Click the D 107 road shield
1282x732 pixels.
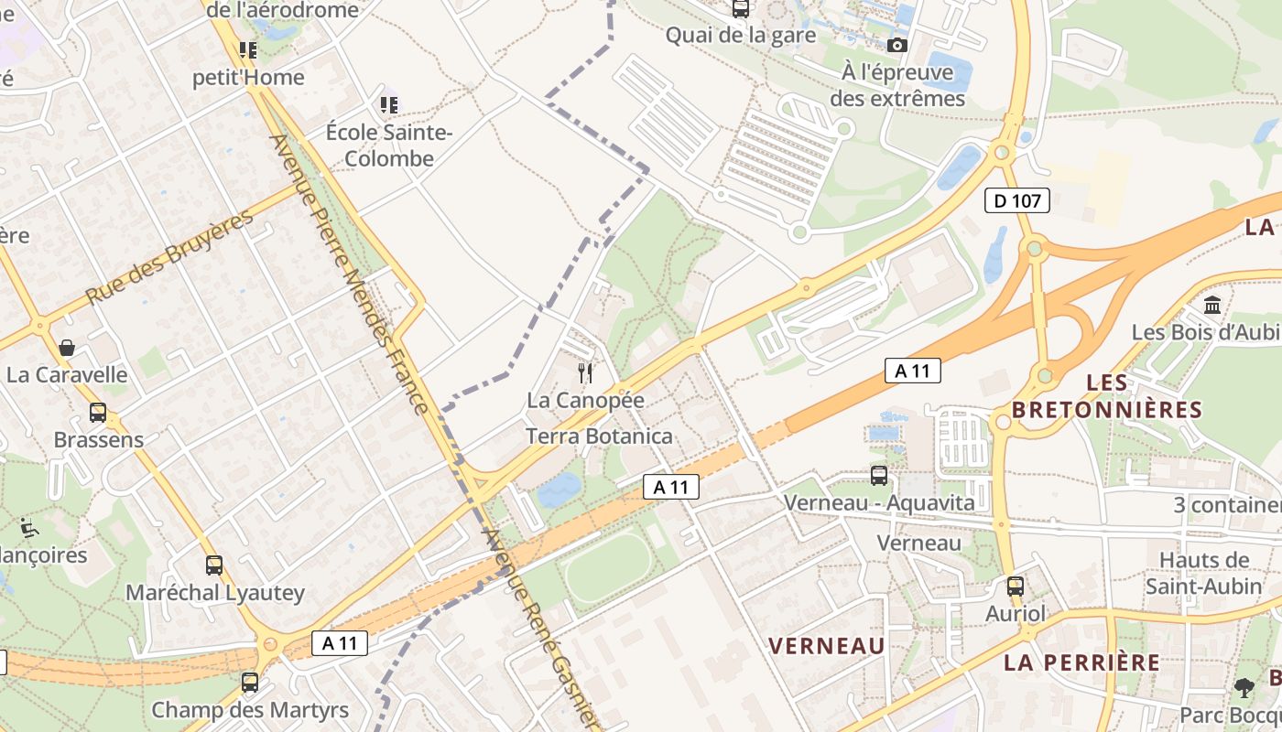(1017, 200)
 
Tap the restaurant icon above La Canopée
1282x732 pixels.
(586, 372)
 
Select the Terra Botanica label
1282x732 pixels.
(599, 436)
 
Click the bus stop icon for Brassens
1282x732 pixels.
(98, 413)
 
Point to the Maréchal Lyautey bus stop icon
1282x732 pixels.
(214, 565)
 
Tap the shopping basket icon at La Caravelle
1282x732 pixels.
(67, 348)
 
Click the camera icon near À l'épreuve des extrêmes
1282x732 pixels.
(897, 45)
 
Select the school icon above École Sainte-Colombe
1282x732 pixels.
(390, 105)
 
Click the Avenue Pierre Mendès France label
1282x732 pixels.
(349, 274)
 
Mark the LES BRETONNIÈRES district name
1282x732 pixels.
(1106, 396)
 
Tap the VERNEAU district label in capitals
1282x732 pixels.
(826, 646)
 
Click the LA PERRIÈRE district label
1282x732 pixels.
(1081, 662)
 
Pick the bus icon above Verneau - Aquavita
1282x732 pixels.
(879, 476)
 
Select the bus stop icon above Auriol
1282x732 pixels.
(1015, 587)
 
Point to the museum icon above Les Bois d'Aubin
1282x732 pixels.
(1213, 305)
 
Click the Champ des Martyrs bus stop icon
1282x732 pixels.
(249, 683)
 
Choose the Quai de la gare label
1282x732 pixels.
(740, 36)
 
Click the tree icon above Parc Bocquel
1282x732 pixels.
(1244, 687)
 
